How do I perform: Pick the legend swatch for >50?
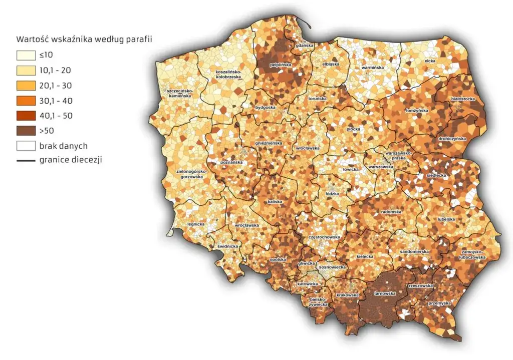pos(25,131)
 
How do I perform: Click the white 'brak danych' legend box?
pos(25,146)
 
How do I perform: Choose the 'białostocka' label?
pos(463,99)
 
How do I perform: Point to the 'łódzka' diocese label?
pos(332,193)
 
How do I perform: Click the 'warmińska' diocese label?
pos(372,67)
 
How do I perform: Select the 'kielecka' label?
pos(365,256)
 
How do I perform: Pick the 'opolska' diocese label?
pos(278,259)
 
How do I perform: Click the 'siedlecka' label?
pos(432,176)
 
